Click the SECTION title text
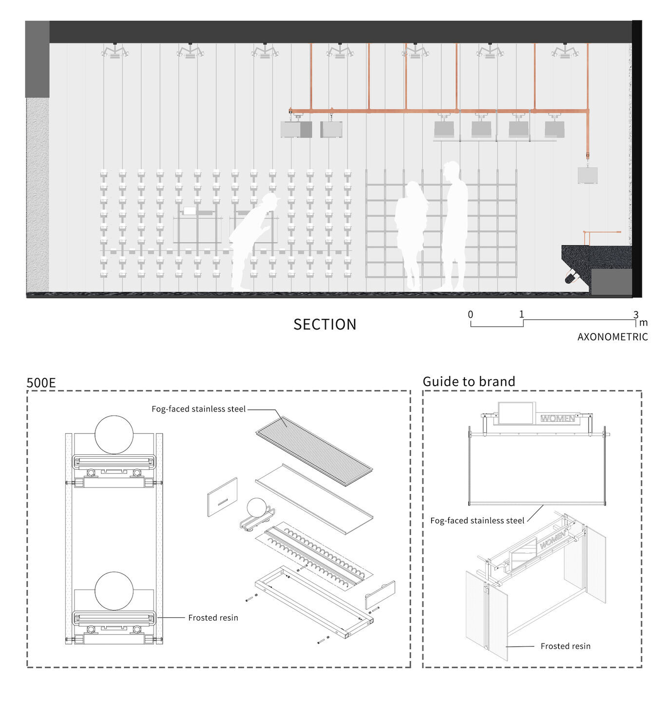324,324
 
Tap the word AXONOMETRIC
612,337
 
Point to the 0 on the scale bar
470,314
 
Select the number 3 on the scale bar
635,314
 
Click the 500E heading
41,383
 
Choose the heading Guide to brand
468,381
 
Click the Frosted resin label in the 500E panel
213,618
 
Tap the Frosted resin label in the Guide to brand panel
565,646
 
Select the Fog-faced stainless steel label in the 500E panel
198,409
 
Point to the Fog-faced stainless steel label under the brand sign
477,521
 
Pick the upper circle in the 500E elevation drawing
114,435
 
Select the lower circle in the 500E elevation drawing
114,591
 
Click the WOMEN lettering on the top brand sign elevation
557,418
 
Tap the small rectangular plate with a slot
222,497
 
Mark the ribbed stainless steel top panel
314,450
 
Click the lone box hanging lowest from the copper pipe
587,175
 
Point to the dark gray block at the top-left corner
37,59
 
